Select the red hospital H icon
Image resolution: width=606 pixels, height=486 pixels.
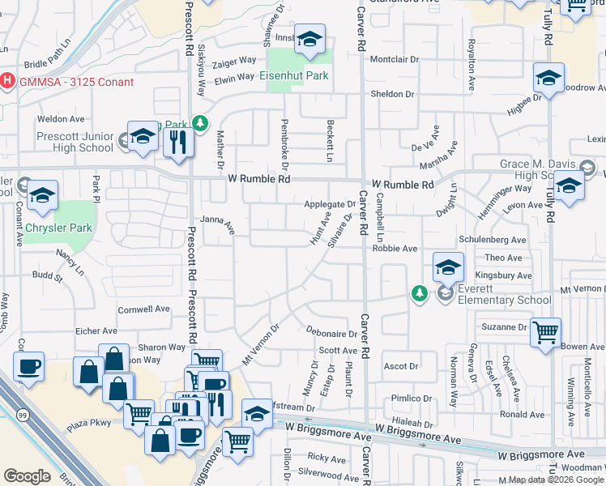click(x=7, y=81)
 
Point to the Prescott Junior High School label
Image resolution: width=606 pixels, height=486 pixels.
click(x=75, y=142)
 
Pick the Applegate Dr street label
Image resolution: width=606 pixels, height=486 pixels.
click(x=330, y=204)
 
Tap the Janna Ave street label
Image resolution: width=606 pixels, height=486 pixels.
click(x=216, y=226)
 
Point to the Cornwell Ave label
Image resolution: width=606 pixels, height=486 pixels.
click(x=143, y=309)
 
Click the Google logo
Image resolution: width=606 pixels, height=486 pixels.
click(x=27, y=475)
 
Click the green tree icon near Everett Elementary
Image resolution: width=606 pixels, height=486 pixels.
click(x=419, y=292)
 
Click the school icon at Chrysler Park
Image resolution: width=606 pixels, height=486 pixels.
click(x=42, y=195)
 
